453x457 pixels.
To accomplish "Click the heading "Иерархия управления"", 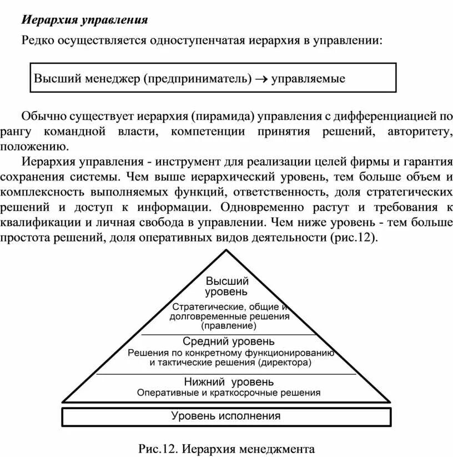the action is (x=84, y=21).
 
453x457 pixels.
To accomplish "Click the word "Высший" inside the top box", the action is (x=57, y=78).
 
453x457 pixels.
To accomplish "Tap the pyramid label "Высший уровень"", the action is (x=226, y=286).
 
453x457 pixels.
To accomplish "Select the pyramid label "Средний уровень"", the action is (x=228, y=341).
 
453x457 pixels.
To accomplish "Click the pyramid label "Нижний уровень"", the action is (x=228, y=382).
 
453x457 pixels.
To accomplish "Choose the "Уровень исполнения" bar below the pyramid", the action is (x=226, y=416).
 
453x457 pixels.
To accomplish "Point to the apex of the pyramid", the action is (x=226, y=251).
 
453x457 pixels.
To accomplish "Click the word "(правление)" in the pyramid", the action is (x=228, y=325).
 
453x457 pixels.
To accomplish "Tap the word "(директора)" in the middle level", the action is (x=284, y=363).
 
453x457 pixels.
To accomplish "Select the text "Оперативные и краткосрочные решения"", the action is (x=229, y=393).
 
